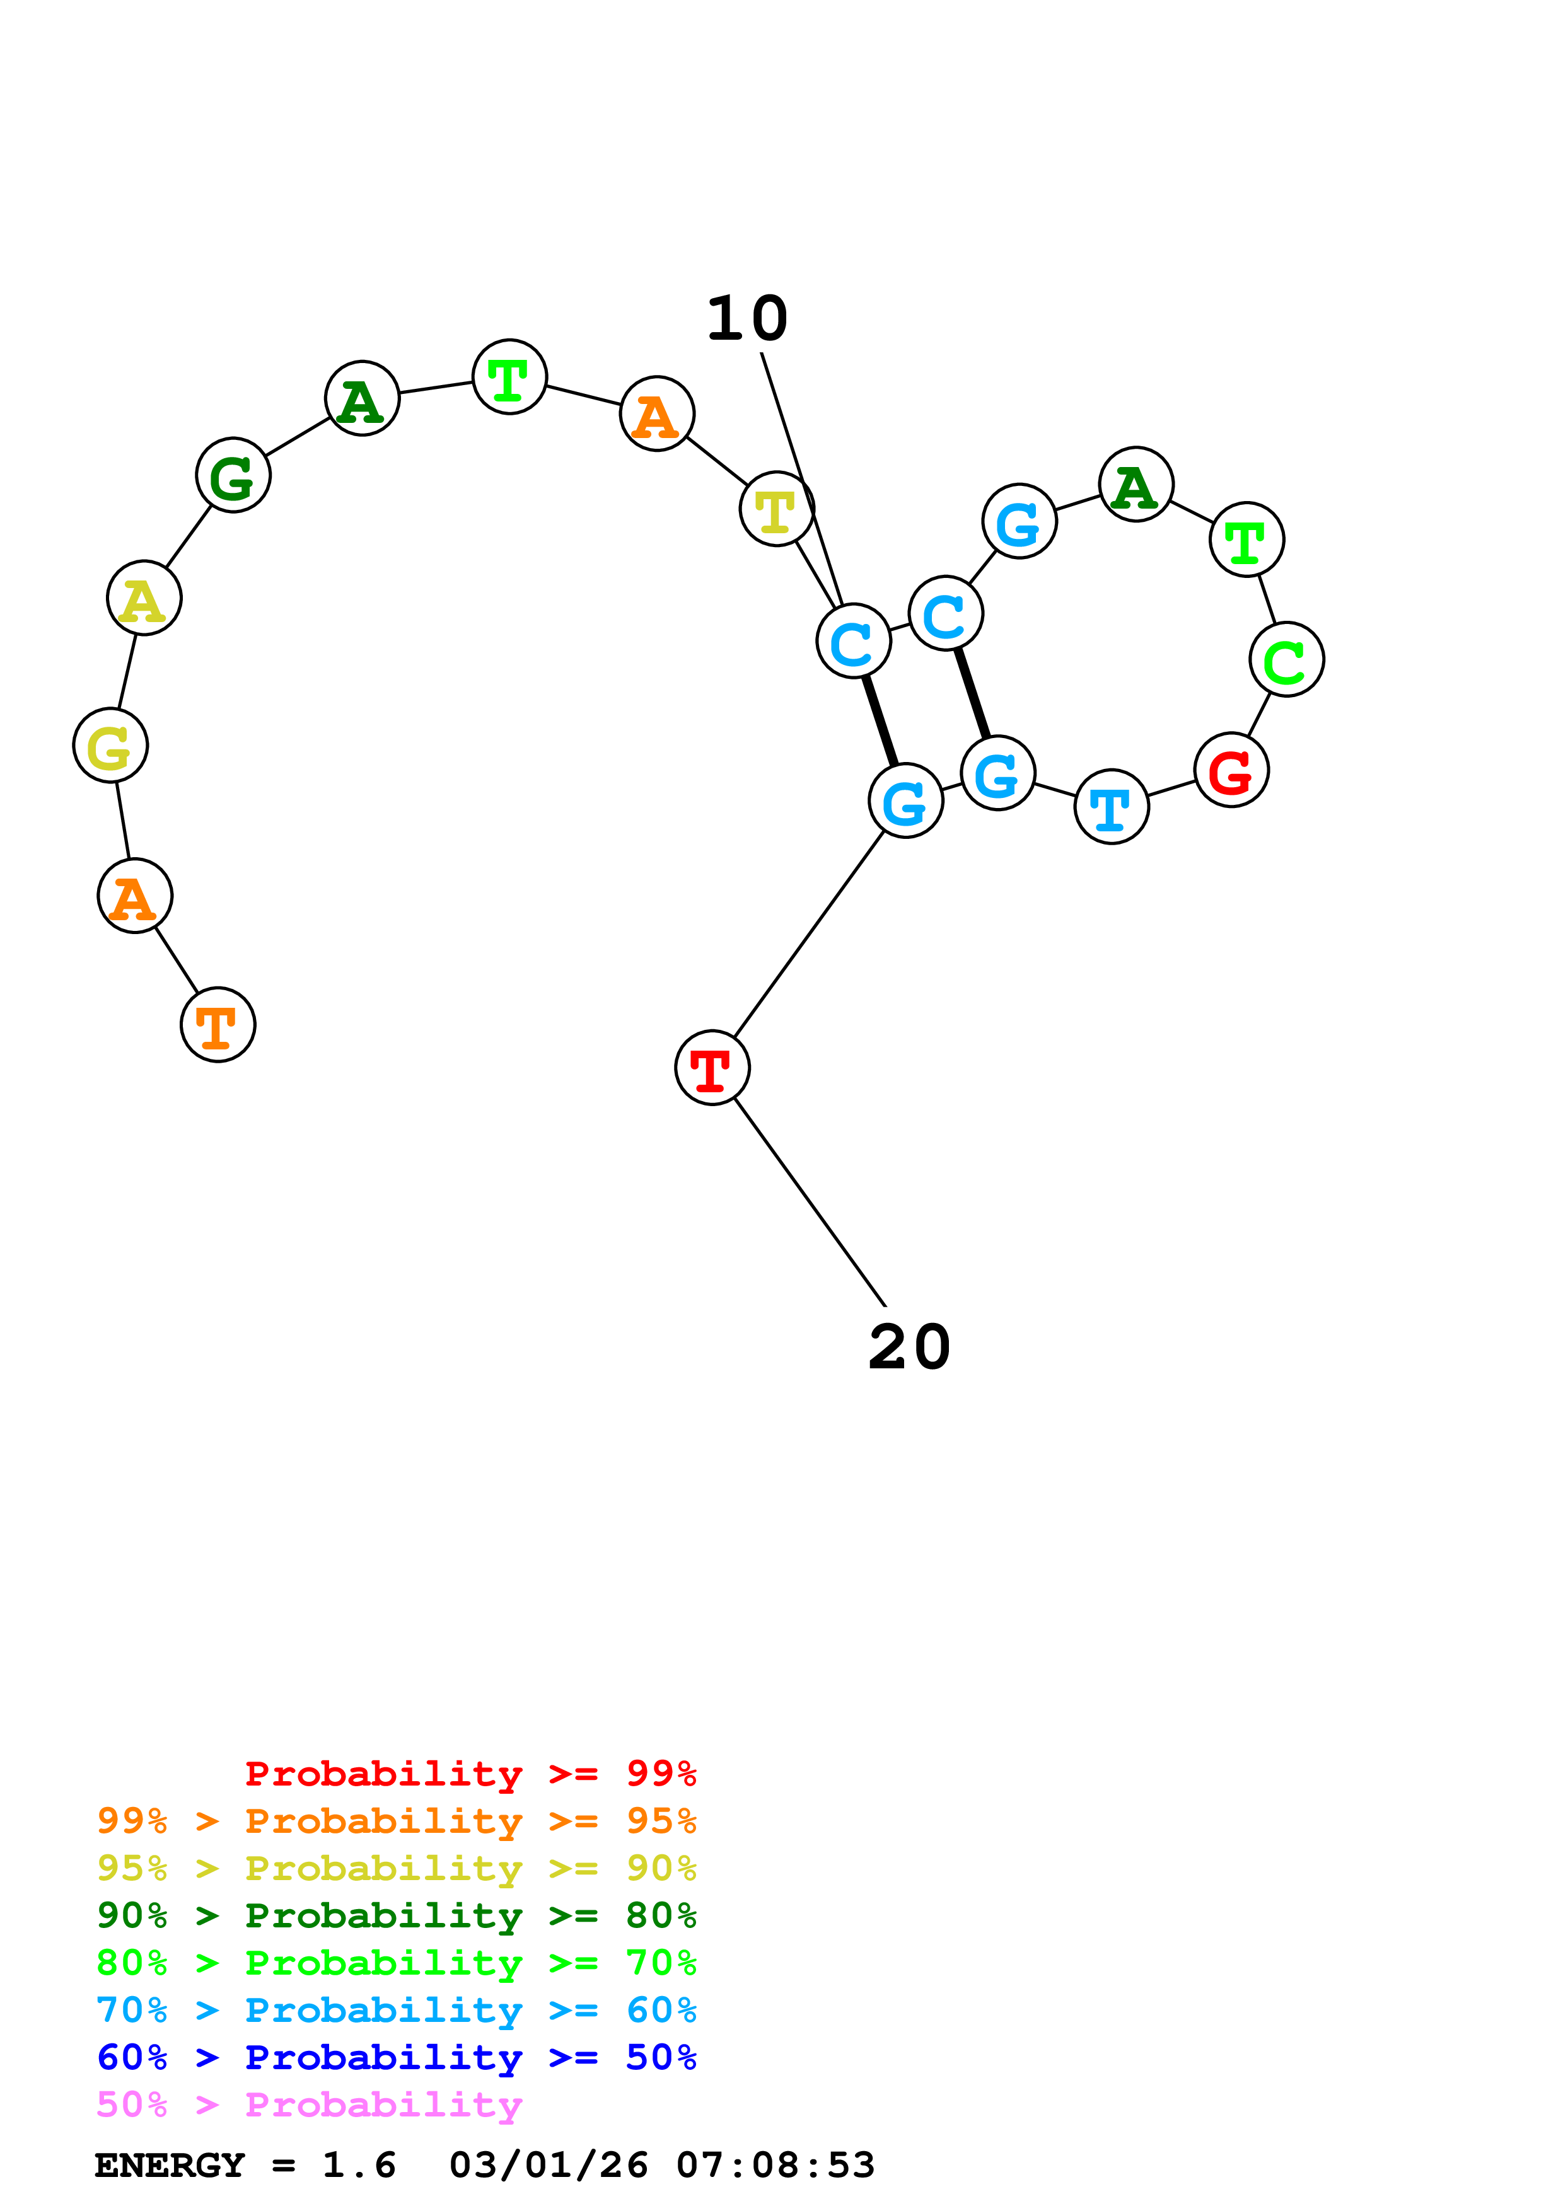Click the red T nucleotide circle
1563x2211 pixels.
(712, 1067)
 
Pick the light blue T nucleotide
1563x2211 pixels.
(1112, 807)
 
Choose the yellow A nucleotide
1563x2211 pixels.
(144, 598)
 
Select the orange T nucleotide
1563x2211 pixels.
(218, 1025)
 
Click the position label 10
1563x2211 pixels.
(747, 319)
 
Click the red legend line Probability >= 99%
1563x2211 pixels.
(470, 1773)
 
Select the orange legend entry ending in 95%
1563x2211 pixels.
(396, 1821)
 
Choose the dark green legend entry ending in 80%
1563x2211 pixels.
(396, 1915)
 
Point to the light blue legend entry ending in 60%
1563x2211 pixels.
(396, 2010)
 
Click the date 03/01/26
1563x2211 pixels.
(548, 2165)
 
